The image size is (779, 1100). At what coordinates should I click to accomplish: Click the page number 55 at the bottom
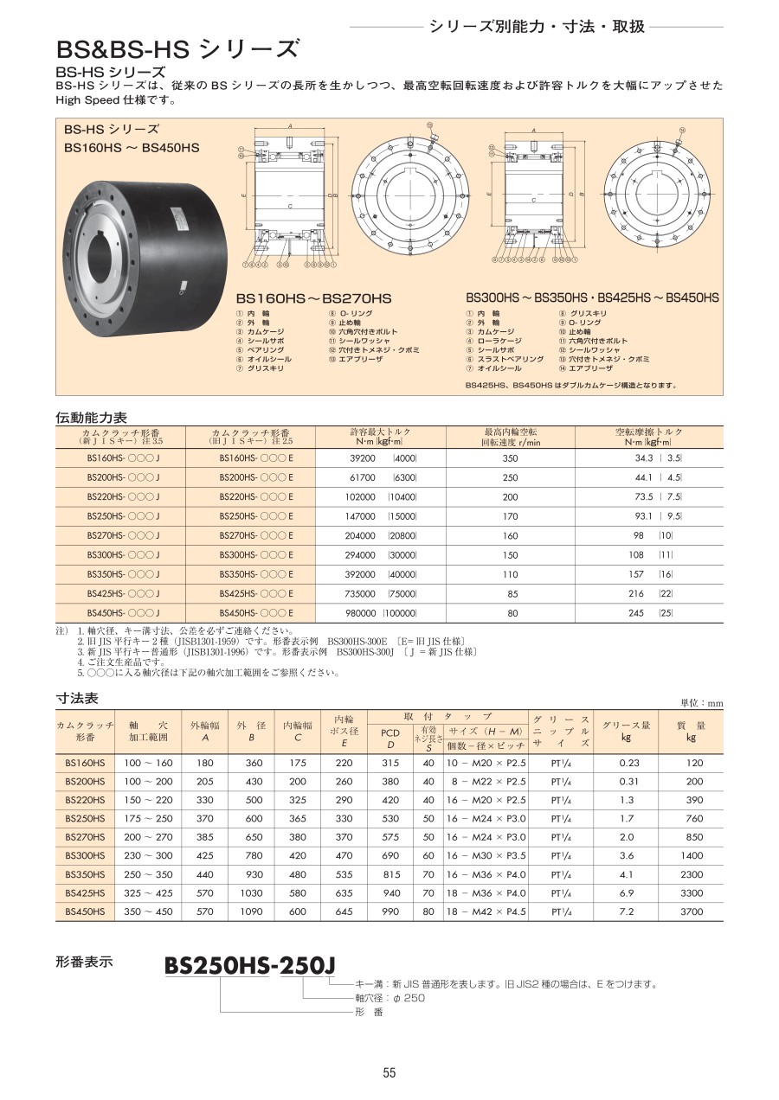point(389,1073)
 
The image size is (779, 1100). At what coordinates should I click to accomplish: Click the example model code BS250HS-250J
point(248,965)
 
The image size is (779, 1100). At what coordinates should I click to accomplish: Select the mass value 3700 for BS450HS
point(691,911)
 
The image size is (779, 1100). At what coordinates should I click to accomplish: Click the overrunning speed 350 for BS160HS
point(510,459)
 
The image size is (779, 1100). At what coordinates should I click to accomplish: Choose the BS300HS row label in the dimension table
point(85,855)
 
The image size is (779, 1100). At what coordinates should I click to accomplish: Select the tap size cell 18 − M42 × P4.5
point(486,911)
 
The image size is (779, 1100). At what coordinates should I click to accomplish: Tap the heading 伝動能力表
point(91,417)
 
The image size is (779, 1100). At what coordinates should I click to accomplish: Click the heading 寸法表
point(77,698)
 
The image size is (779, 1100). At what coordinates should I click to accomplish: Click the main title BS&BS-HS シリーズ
point(178,48)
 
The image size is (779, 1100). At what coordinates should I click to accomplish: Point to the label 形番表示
point(85,961)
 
